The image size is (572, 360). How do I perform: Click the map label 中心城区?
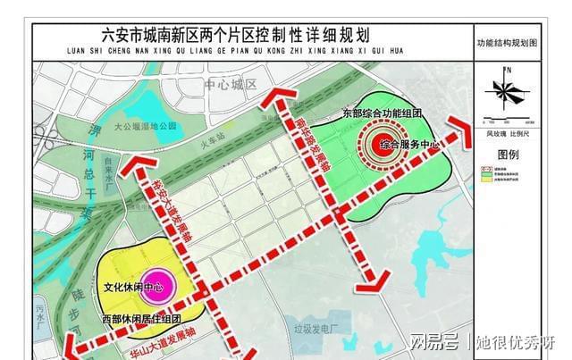pyautogui.click(x=231, y=85)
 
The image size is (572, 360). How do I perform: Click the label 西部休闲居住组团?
pyautogui.click(x=140, y=319)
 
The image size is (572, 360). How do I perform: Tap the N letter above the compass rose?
pyautogui.click(x=507, y=69)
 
